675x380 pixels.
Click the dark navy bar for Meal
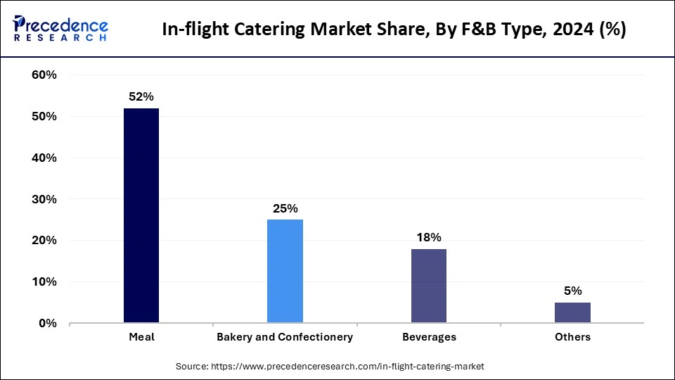pos(141,215)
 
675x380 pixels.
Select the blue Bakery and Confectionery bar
pos(285,271)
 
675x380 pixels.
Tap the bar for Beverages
pos(429,286)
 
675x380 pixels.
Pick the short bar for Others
pos(572,312)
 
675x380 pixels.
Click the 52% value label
pos(141,97)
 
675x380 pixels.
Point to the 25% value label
pos(285,209)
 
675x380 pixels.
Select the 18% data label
pos(429,238)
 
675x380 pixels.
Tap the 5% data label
pos(572,291)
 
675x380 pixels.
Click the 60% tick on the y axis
pos(44,75)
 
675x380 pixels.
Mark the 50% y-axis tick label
pos(44,117)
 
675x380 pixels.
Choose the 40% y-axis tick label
pos(44,158)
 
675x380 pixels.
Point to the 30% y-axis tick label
pos(44,200)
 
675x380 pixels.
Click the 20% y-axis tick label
pos(44,241)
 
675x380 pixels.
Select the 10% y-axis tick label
pos(44,282)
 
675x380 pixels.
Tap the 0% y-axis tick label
pos(47,324)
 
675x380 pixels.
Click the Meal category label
pos(141,337)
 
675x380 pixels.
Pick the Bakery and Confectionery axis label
pos(285,337)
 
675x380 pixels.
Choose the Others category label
pos(572,337)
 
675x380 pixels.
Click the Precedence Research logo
pos(60,29)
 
